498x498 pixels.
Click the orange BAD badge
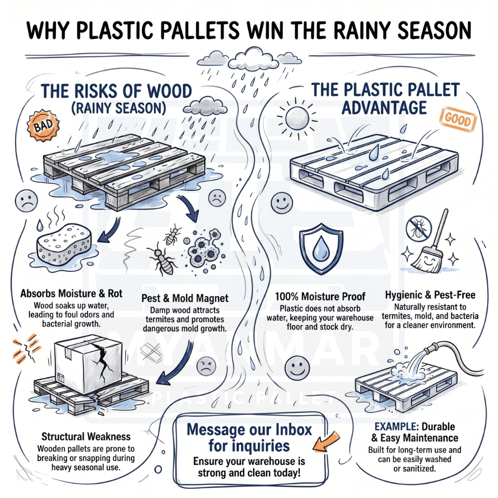(x=43, y=126)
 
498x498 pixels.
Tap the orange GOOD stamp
(x=458, y=119)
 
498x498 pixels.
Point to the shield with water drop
(x=321, y=248)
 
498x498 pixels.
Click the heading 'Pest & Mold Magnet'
(x=185, y=298)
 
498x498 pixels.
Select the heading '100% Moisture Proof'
(x=320, y=297)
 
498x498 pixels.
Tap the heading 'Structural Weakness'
(x=86, y=437)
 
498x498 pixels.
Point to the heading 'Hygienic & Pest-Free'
(x=430, y=295)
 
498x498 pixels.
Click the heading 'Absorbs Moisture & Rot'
(x=72, y=294)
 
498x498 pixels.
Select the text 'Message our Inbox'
(x=250, y=430)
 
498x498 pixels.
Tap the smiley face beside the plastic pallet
(x=282, y=203)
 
